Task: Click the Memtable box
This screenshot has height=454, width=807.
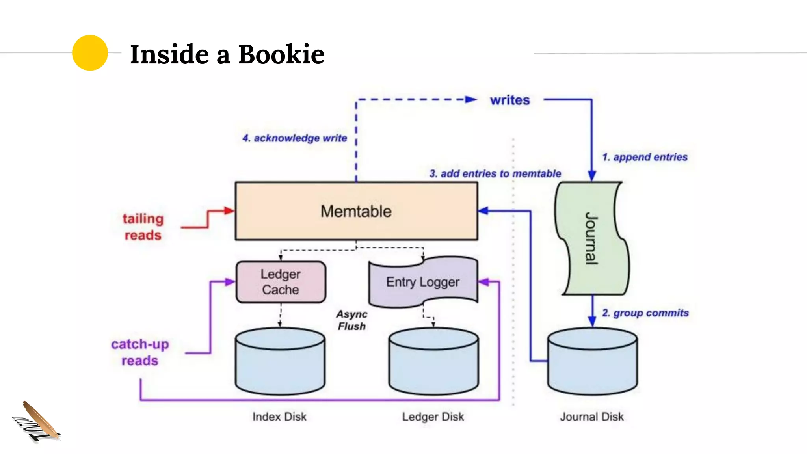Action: point(356,211)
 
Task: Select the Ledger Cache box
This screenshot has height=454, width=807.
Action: point(281,282)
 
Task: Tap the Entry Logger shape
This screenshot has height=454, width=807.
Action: point(422,282)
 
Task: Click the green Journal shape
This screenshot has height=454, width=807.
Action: point(591,238)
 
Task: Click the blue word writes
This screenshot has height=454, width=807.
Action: point(509,100)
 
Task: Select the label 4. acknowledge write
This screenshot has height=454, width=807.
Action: point(294,138)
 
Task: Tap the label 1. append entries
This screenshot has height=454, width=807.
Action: point(645,157)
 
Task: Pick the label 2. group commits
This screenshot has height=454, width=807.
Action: point(645,313)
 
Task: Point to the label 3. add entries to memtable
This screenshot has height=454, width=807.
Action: point(495,173)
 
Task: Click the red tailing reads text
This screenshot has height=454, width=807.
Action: point(143,227)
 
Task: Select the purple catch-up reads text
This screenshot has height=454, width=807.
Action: point(140,352)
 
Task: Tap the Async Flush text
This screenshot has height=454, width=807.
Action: point(351,320)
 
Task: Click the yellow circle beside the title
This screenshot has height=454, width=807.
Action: point(90,53)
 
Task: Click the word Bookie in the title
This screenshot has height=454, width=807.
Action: point(281,54)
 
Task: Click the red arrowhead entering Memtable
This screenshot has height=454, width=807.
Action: point(229,210)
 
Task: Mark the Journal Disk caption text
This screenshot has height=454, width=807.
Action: point(591,417)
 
